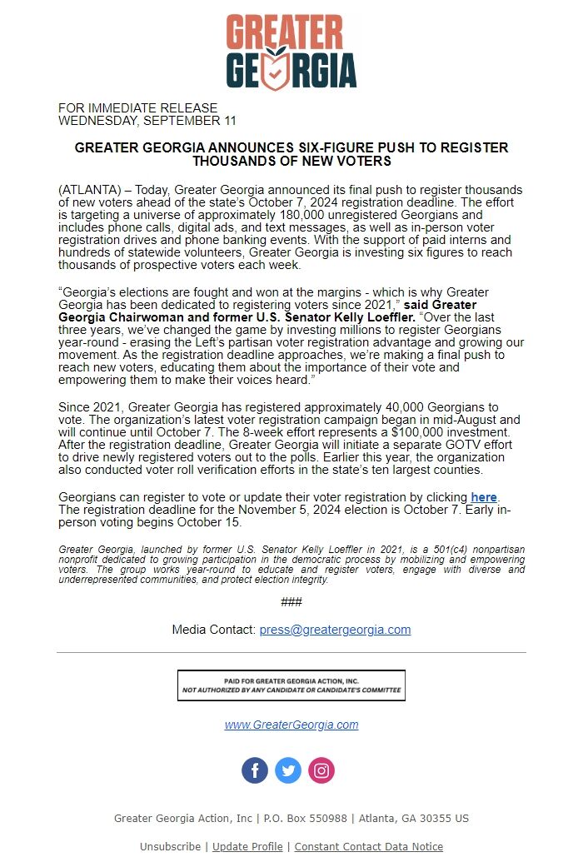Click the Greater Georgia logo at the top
click(291, 52)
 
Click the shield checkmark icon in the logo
click(277, 70)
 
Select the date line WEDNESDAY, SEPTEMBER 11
click(147, 120)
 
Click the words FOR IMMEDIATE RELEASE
click(137, 108)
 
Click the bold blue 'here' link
click(484, 497)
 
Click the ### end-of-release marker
click(291, 602)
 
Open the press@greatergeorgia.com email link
click(335, 630)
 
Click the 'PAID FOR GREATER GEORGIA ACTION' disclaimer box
click(291, 685)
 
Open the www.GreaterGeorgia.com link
click(291, 725)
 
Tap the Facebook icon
click(255, 770)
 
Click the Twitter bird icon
click(288, 770)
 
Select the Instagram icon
click(321, 770)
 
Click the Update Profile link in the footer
click(247, 847)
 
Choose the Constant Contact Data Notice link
click(369, 847)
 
